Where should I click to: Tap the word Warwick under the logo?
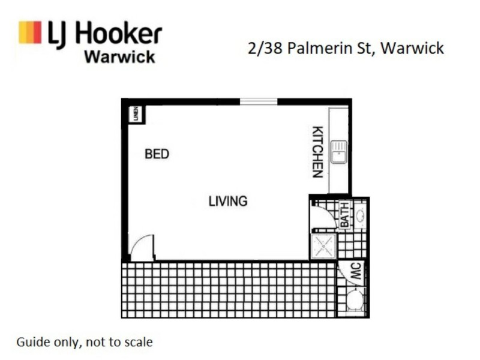(119, 58)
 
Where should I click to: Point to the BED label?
(157, 154)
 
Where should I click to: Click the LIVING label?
(228, 201)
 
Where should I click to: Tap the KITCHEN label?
(318, 152)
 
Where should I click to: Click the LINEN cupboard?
(136, 114)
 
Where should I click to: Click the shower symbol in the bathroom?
(324, 246)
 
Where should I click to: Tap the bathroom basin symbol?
(361, 215)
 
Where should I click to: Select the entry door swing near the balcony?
(142, 248)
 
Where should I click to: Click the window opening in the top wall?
(258, 101)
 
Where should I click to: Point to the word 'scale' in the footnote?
(137, 343)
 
